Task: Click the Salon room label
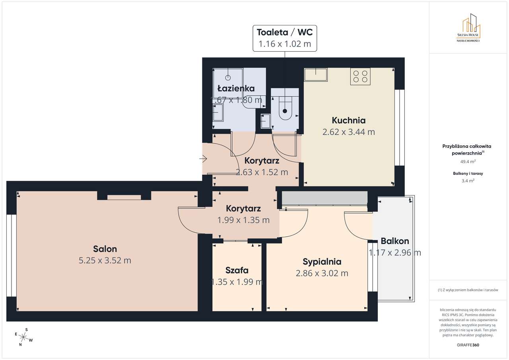tap(105, 249)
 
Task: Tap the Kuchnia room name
tap(349, 120)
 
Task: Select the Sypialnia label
tap(322, 262)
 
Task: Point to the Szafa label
tap(237, 270)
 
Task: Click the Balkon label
tap(395, 241)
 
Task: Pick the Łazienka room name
tap(236, 88)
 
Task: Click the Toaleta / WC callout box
tap(285, 38)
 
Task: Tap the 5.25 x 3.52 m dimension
tap(105, 260)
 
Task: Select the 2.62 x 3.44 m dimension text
tap(349, 132)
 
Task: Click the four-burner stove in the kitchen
tap(360, 77)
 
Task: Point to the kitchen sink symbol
tap(316, 75)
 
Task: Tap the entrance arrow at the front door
tap(203, 159)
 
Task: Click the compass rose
tap(23, 337)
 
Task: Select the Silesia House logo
tap(468, 28)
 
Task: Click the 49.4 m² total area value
tap(468, 162)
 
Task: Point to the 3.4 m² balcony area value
tap(468, 181)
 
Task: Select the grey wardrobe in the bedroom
tap(324, 198)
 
